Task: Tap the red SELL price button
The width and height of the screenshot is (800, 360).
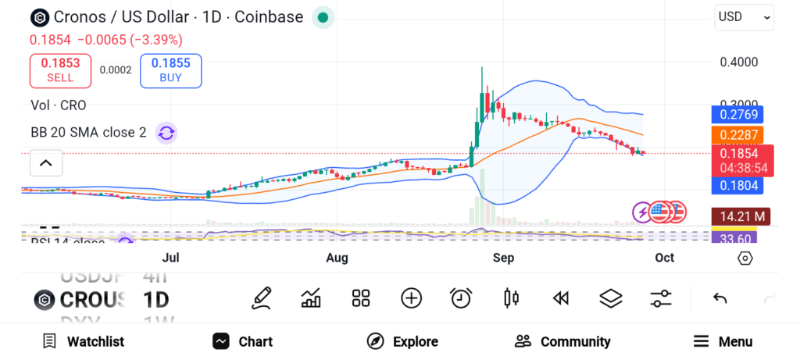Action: [x=60, y=70]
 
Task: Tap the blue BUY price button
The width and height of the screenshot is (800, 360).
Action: [x=170, y=70]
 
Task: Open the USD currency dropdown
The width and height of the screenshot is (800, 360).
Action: [x=744, y=16]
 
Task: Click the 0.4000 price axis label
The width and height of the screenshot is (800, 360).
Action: [x=738, y=62]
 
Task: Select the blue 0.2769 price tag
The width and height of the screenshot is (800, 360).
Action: [x=738, y=114]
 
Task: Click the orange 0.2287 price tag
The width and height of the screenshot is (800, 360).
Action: [x=738, y=134]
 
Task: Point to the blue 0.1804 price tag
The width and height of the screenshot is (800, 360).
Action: [x=738, y=185]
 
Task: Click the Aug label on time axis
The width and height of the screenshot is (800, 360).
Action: [x=337, y=258]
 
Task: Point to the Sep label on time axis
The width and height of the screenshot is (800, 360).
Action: [x=505, y=258]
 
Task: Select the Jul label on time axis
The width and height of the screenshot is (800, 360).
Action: [x=171, y=258]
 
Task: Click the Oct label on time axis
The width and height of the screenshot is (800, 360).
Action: [x=664, y=258]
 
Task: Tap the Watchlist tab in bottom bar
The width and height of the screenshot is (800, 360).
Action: [x=84, y=341]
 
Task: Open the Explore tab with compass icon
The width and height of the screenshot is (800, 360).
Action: [x=402, y=341]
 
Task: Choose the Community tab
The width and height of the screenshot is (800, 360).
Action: [x=562, y=341]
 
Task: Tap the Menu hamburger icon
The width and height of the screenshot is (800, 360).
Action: [x=702, y=341]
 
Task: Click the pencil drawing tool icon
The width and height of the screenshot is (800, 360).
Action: [x=262, y=298]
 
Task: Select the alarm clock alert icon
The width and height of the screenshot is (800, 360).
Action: [x=461, y=298]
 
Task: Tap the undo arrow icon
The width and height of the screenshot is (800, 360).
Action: [x=720, y=298]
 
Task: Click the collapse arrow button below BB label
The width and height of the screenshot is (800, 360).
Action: [x=46, y=163]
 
